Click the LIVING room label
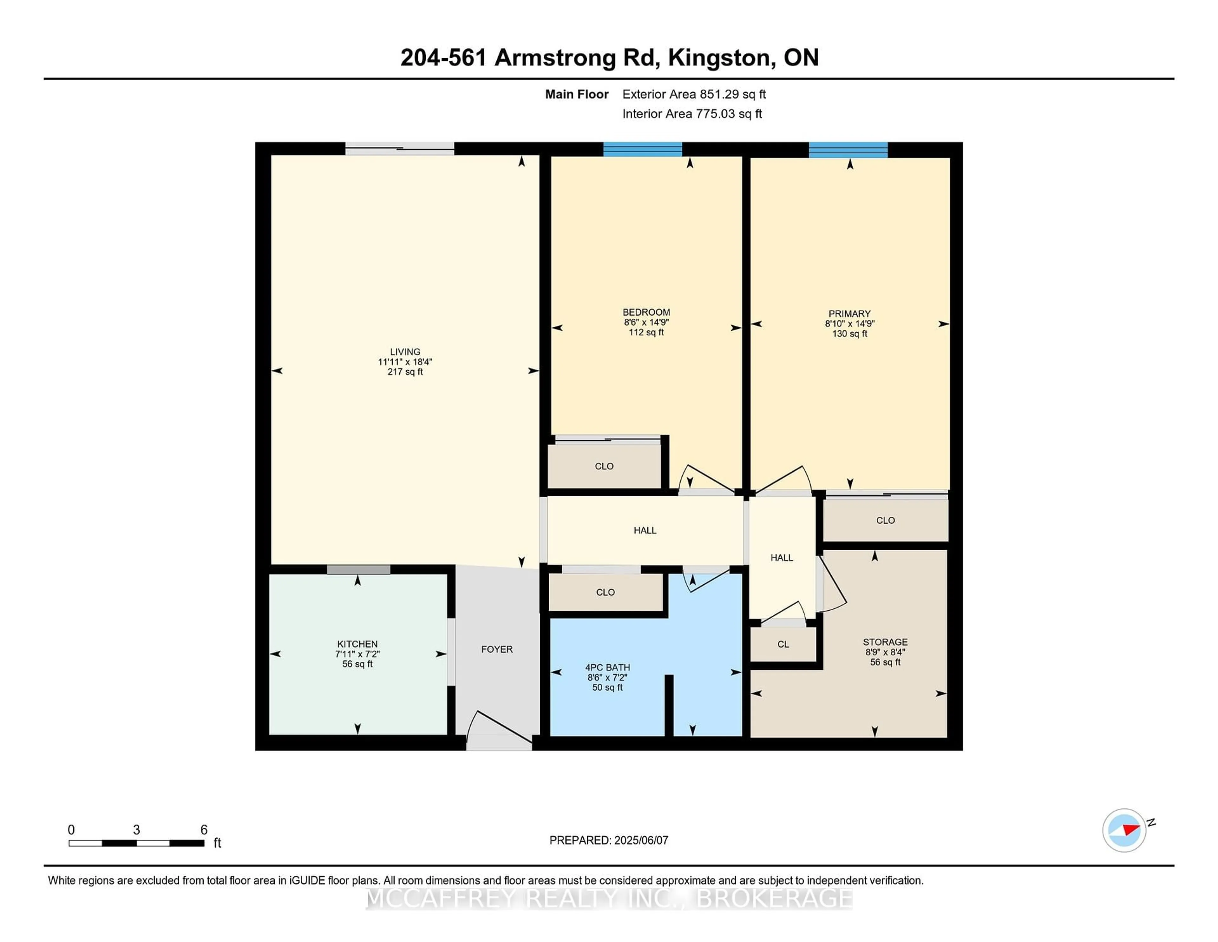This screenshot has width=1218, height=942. [x=405, y=352]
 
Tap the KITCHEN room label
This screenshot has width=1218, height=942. [x=357, y=644]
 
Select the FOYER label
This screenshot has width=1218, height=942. [x=497, y=649]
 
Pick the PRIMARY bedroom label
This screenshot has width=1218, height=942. [x=849, y=314]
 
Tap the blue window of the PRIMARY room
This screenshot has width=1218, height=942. [x=848, y=149]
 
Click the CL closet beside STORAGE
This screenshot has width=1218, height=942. [x=783, y=644]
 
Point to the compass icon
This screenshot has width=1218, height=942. [x=1124, y=830]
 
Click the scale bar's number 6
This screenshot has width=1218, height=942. [x=204, y=830]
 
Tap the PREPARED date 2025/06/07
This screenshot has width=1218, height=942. [x=641, y=840]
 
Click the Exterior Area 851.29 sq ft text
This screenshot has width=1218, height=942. [x=694, y=94]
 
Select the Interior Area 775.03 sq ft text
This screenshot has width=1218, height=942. [x=692, y=114]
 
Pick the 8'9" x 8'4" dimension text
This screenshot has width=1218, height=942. [x=885, y=652]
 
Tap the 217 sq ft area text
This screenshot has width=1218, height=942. [x=405, y=372]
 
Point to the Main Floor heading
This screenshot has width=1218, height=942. [x=577, y=94]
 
